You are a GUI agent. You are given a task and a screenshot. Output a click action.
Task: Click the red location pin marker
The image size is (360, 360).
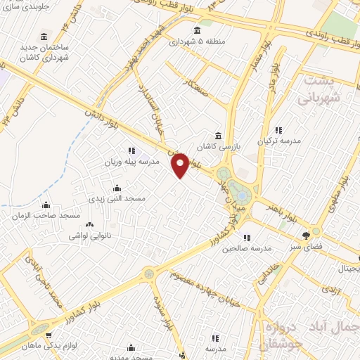tap(181, 165)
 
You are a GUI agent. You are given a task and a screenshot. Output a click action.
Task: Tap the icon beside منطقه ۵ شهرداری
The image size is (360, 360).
tap(196, 30)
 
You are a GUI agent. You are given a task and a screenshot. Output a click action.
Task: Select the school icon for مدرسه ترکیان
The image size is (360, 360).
tap(278, 129)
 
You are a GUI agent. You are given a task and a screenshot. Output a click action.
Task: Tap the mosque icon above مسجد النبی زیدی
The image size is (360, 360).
tap(116, 188)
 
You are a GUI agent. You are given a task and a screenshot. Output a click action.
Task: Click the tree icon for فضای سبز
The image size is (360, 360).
tap(306, 236)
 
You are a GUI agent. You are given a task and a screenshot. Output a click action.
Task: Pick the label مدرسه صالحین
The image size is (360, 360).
tap(247, 249)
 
